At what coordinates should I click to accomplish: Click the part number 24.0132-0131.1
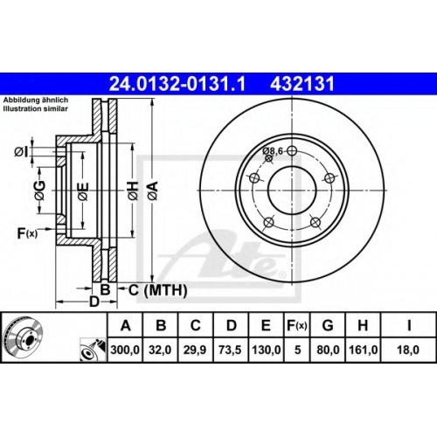(177, 84)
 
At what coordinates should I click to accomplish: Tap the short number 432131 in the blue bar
(302, 84)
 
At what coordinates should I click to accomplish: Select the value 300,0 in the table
(125, 350)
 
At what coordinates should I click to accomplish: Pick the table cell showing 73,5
(230, 350)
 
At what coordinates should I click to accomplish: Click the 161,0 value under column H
(363, 350)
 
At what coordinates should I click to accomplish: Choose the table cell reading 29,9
(195, 350)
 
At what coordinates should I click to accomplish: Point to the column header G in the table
(328, 325)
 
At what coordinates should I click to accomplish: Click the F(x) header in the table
(297, 325)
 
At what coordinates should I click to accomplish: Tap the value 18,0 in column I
(408, 350)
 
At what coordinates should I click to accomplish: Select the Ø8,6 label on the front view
(273, 151)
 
